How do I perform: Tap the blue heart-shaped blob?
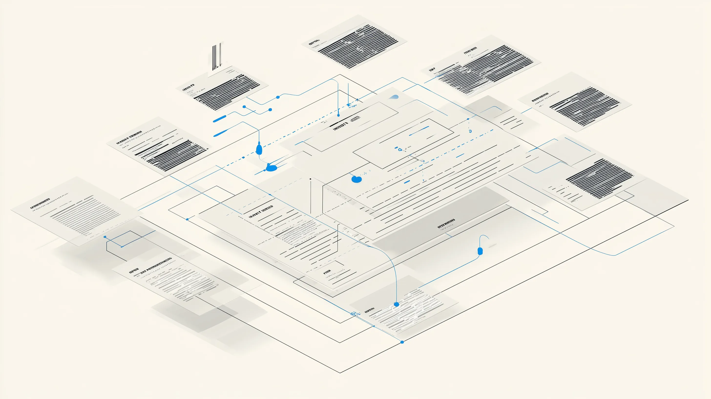(x=356, y=179)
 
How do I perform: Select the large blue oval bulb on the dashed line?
(x=259, y=149)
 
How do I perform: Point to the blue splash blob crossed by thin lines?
(x=271, y=167)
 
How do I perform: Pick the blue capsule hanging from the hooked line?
(x=480, y=251)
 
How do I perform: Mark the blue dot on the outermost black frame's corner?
(x=402, y=342)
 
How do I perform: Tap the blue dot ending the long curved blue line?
(x=396, y=304)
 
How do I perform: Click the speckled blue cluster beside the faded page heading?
(x=355, y=314)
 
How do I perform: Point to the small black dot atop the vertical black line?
(x=311, y=179)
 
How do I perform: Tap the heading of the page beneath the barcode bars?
(x=188, y=88)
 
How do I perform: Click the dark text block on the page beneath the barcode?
(x=226, y=91)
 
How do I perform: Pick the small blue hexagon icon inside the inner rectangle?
(x=400, y=149)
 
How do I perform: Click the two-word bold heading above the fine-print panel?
(x=261, y=212)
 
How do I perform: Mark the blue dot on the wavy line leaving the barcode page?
(x=278, y=97)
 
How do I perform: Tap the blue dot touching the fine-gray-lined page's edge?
(x=105, y=237)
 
